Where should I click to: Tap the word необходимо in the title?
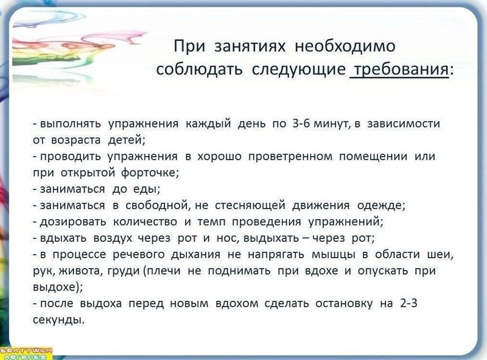click(x=345, y=47)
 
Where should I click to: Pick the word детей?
click(x=127, y=140)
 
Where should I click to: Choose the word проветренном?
click(x=290, y=157)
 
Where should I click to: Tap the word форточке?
click(x=150, y=172)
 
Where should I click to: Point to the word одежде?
click(x=381, y=205)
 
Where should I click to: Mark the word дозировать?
click(x=73, y=222)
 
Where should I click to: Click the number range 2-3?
click(x=408, y=303)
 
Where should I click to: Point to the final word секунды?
click(x=58, y=320)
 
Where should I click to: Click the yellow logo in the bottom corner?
click(x=26, y=353)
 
